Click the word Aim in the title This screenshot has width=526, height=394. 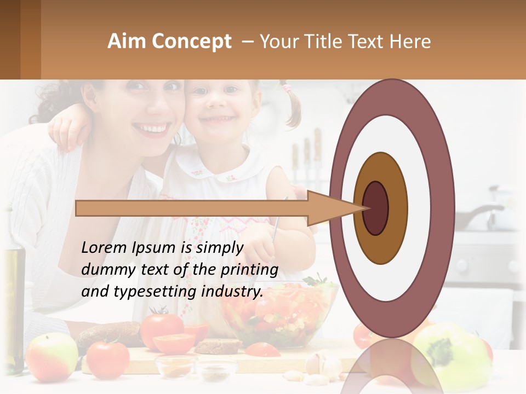click(127, 42)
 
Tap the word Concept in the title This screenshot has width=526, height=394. click(191, 42)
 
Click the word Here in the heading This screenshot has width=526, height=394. click(410, 42)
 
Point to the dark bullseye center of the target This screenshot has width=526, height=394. click(375, 208)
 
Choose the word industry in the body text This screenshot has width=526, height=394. click(232, 292)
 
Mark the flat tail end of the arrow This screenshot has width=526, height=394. click(77, 208)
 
